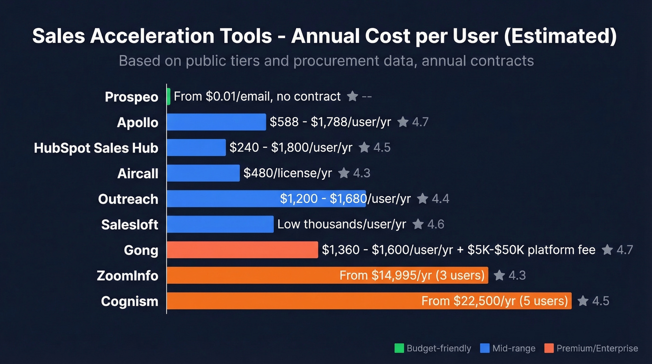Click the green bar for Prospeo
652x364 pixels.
(x=169, y=96)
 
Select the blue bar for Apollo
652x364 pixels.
(x=216, y=122)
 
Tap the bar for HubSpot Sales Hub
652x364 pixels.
(x=196, y=148)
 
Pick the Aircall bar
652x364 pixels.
(x=203, y=173)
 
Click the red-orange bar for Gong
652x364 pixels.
(x=242, y=250)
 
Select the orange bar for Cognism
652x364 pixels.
(x=293, y=301)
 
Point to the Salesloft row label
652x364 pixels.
(x=129, y=225)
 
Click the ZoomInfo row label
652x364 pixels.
(x=127, y=275)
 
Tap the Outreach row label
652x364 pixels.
(x=128, y=199)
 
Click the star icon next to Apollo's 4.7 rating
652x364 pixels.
(x=403, y=122)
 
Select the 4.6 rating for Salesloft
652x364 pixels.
(x=435, y=225)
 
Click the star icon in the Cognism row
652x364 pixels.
(x=583, y=301)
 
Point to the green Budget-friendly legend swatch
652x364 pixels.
(x=399, y=348)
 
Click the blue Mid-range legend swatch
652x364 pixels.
(x=484, y=348)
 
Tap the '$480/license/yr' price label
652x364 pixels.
(x=287, y=173)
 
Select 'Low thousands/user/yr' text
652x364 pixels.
(x=341, y=225)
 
